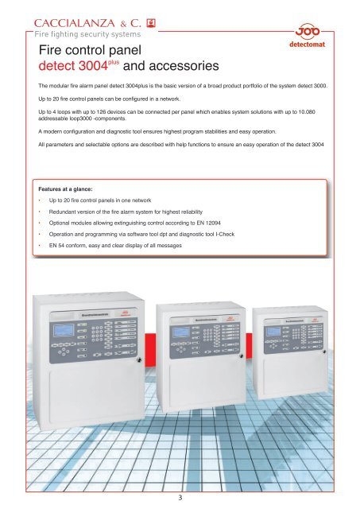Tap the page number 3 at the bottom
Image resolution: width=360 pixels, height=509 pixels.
pos(180,497)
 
